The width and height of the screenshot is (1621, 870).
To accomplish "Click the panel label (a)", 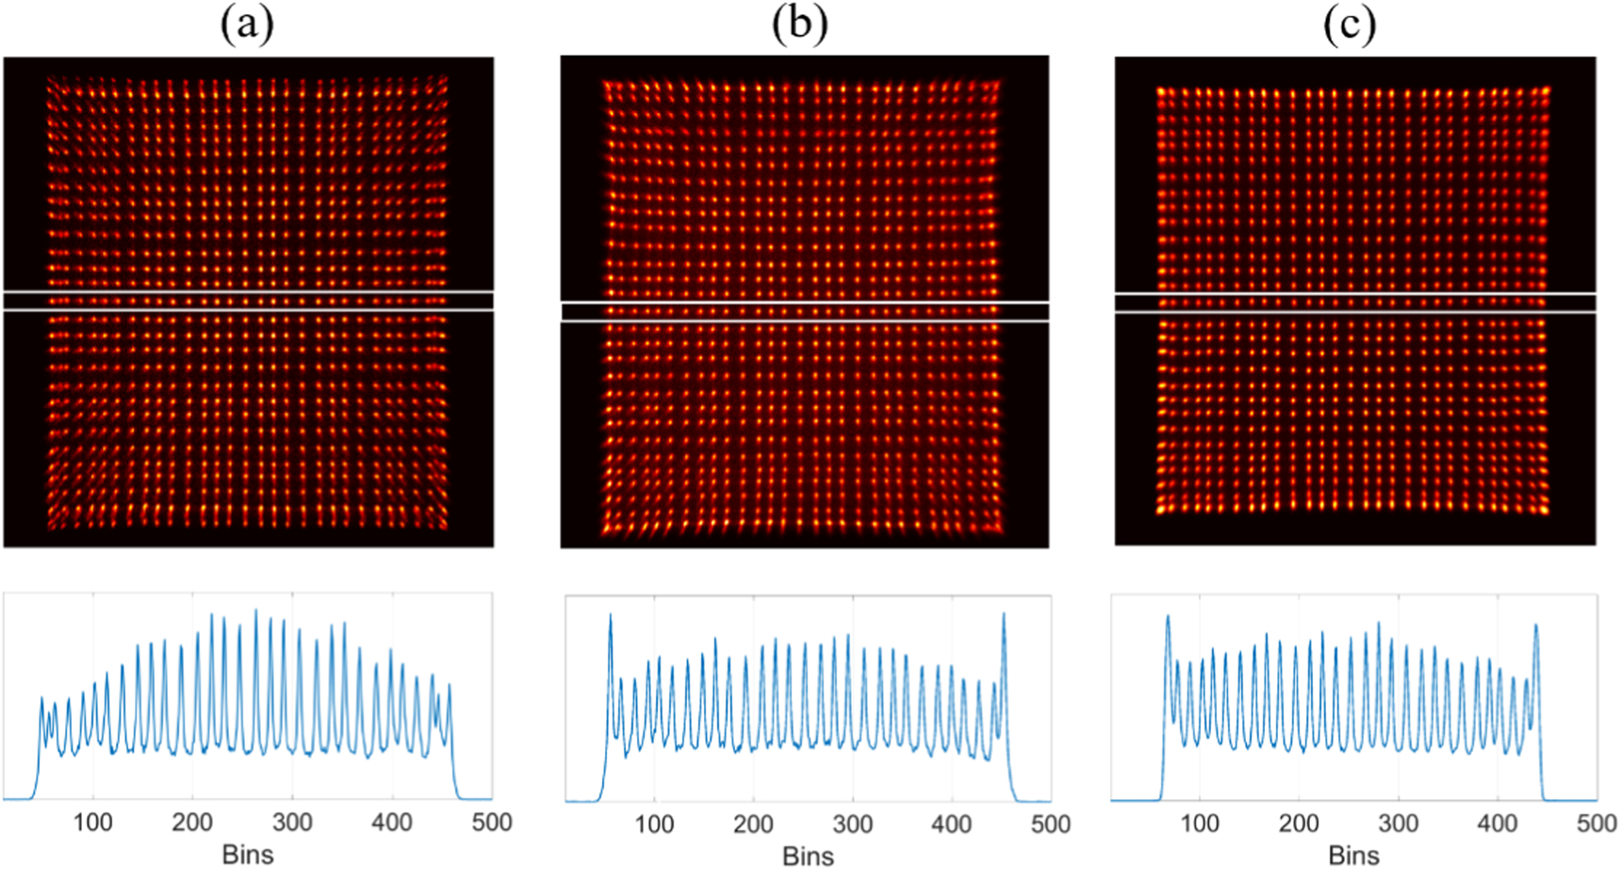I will [x=247, y=25].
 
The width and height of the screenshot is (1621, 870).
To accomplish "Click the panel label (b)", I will [x=799, y=25].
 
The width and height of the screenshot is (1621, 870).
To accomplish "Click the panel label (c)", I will [x=1350, y=25].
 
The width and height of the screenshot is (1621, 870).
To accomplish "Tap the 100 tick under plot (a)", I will [x=93, y=823].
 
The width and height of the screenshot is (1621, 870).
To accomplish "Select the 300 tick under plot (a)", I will [x=292, y=823].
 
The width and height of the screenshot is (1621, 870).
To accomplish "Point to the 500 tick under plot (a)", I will [x=491, y=823].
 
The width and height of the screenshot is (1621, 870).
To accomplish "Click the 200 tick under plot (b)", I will [x=753, y=825].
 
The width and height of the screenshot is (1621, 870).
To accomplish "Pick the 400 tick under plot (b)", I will [x=951, y=825].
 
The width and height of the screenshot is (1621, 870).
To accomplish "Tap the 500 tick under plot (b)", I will [x=1050, y=825].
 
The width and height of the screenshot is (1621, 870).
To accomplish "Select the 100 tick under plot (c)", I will [x=1200, y=824].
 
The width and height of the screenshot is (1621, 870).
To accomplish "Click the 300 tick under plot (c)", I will [x=1399, y=824].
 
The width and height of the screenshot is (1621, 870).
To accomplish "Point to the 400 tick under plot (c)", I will [x=1498, y=824].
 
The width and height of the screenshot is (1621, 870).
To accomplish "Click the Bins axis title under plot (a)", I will [x=248, y=854].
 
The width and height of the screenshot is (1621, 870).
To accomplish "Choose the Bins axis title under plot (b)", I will [x=808, y=856].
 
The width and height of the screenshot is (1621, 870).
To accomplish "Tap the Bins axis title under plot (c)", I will [x=1353, y=855].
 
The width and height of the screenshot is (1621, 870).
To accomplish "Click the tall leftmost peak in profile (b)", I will [x=610, y=617].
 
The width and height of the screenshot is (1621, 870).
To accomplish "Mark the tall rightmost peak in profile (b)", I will [x=1004, y=616].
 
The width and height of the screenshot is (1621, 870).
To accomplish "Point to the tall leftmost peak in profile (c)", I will [x=1168, y=618].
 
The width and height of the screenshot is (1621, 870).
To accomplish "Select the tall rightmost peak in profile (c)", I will [x=1536, y=627].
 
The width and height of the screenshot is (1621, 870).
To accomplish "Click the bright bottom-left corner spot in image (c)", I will [x=1161, y=510].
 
